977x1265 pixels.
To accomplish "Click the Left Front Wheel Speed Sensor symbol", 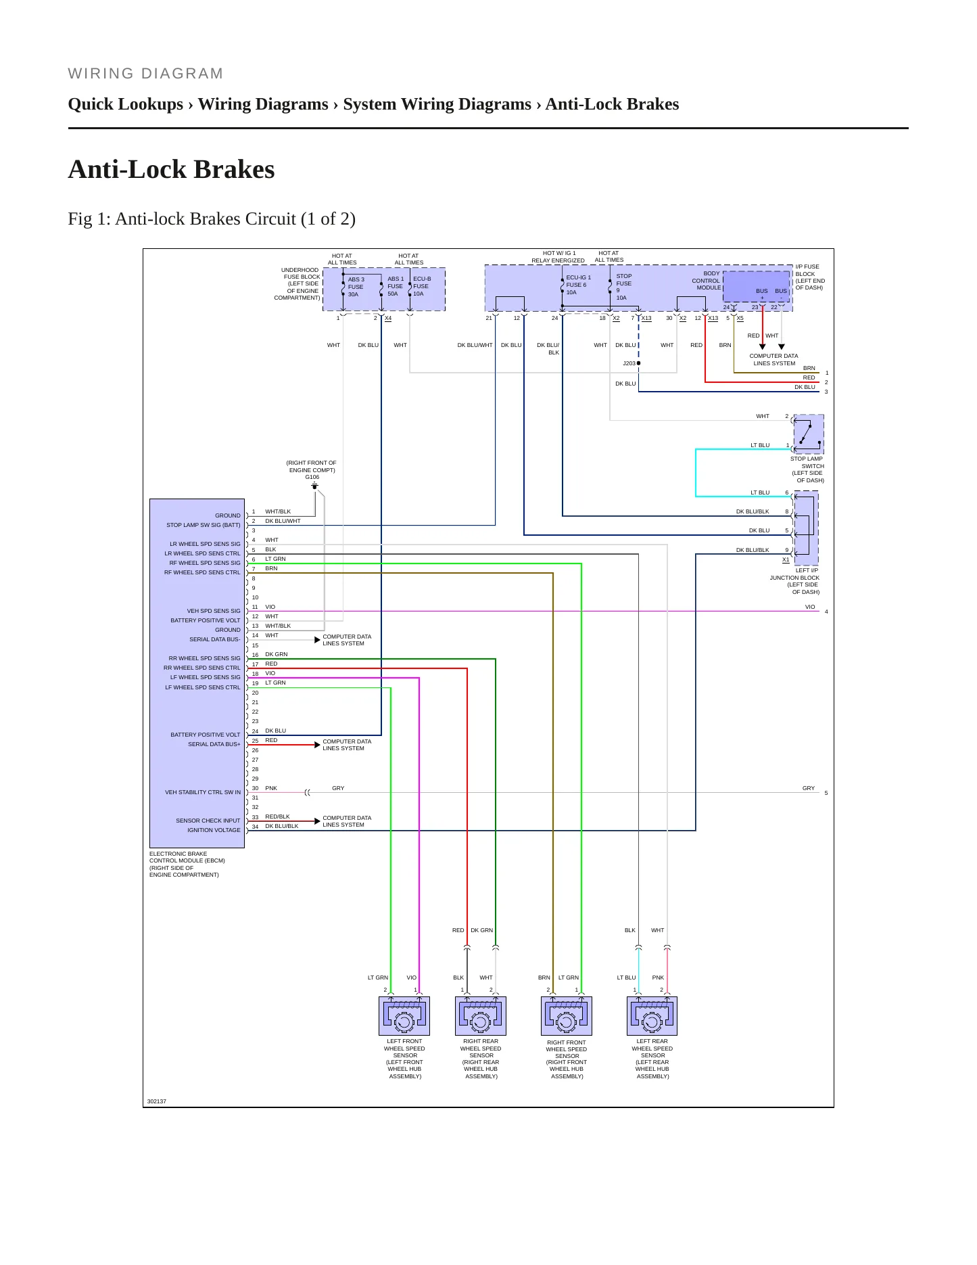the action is pos(404,1015).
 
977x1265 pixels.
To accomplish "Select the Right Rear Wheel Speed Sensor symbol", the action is pos(481,1015).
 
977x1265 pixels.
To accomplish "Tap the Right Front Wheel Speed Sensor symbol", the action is pos(567,1015).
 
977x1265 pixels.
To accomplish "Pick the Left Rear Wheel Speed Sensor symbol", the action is pos(652,1015).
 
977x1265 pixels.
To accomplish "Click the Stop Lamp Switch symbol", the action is pos(809,434).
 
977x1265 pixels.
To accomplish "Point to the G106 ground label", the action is pos(312,477).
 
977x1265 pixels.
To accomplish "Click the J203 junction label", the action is pos(629,363).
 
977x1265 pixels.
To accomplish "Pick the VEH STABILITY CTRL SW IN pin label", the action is pos(203,792).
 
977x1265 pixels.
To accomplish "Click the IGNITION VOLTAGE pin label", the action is pos(214,830).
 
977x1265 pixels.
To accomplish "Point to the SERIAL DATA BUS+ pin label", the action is pos(214,744).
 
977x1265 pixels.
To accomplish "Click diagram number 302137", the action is pos(157,1101).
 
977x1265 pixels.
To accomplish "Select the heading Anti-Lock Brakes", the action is pos(172,169).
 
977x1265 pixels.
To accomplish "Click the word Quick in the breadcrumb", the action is pos(92,104).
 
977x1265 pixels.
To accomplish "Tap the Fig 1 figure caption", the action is pos(212,218).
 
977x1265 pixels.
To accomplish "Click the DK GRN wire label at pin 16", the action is pos(277,654).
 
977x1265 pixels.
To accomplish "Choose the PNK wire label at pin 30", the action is pos(271,788).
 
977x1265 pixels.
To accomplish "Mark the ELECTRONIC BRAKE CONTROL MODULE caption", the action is pos(187,857).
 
